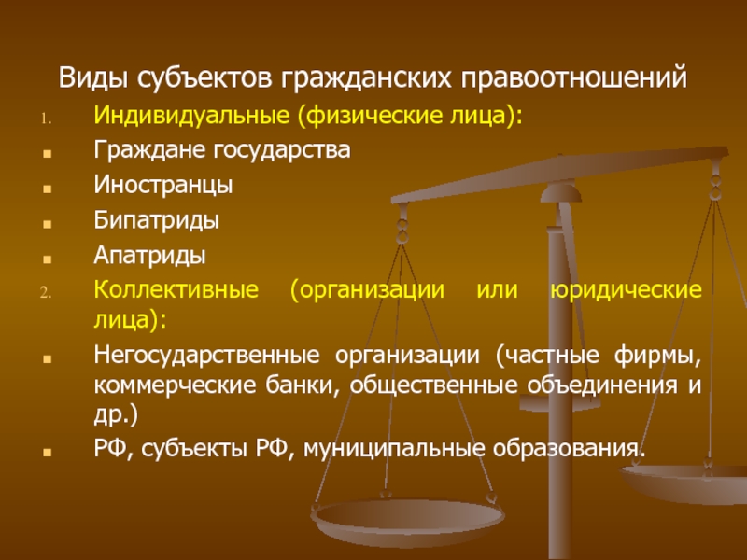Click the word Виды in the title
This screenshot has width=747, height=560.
pos(92,77)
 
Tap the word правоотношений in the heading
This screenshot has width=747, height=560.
pos(573,78)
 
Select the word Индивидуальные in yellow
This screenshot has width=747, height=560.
pos(191,116)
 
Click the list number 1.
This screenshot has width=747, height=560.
pos(46,119)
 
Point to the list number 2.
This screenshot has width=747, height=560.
pos(46,293)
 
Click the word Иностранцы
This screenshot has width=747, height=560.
pos(162,185)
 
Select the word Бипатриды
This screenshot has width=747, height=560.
pos(156,220)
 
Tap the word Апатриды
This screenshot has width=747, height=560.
pos(149,255)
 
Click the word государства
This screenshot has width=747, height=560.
pos(282,150)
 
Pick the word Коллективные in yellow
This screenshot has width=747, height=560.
pos(176,289)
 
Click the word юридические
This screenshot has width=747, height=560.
pos(626,290)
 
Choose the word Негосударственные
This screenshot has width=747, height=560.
pos(206,356)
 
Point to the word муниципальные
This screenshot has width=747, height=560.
pos(393,449)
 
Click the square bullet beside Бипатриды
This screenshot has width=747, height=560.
pos(47,223)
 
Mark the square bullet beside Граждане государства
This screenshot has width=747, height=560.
pos(47,153)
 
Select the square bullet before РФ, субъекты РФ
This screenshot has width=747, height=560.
pos(47,452)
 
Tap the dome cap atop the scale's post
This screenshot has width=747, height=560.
pos(561,193)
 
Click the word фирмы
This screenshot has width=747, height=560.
pos(657,356)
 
